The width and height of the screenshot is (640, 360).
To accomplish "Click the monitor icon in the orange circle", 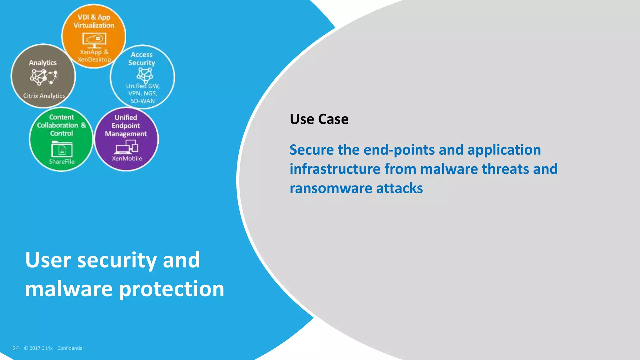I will pos(94,40).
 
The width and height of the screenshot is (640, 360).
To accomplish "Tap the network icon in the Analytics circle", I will pos(44,77).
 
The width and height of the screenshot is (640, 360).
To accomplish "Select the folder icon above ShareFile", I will pos(62,149).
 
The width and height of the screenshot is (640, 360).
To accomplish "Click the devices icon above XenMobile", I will pos(127,147).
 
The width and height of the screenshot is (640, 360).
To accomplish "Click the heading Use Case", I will pos(319,119).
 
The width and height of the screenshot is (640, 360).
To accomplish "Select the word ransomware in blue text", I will pos(331,188).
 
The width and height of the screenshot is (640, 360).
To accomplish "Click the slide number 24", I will pos(16,348).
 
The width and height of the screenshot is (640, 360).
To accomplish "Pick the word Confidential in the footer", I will pos(70,348).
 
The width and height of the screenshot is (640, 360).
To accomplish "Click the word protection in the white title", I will pos(172,289).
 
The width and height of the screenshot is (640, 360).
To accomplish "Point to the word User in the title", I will pos(48,260).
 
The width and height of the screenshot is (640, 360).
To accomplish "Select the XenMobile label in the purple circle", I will pos(127,158).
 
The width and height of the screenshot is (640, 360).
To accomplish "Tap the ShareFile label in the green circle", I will pos(62,162).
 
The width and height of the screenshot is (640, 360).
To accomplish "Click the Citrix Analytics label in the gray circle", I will pos(44,96).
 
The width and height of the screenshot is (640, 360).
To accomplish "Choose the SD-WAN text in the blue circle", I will pos(142,101).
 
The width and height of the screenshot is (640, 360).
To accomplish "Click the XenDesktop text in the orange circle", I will pos(94,59).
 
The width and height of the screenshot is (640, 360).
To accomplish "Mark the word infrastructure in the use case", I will pos(335,169).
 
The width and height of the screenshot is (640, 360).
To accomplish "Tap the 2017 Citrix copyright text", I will pos(38,348).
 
